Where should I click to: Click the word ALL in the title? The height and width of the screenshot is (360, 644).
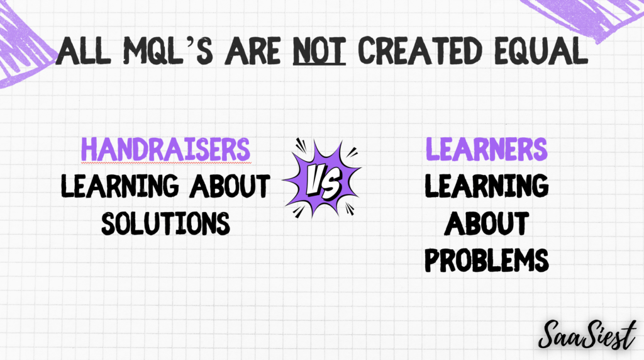tap(84, 51)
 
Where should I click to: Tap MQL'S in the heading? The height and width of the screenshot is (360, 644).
tap(168, 51)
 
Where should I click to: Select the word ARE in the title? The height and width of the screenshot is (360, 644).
tap(253, 51)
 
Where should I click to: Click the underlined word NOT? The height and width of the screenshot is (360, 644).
tap(319, 51)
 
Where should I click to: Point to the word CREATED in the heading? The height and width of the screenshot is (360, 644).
tap(419, 51)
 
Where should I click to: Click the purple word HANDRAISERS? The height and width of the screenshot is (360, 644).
tap(165, 149)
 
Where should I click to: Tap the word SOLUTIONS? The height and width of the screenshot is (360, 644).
tap(165, 223)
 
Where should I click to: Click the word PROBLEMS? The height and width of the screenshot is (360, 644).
tap(487, 260)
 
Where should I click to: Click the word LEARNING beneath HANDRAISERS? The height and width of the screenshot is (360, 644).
tap(120, 186)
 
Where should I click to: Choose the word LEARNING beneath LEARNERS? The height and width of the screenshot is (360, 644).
tap(487, 186)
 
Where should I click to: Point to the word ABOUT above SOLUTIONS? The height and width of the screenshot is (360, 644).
tap(230, 186)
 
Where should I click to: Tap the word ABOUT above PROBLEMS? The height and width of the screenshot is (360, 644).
tap(487, 223)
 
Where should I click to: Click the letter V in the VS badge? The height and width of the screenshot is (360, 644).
tap(316, 180)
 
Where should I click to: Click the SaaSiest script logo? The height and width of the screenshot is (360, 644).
tap(587, 335)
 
